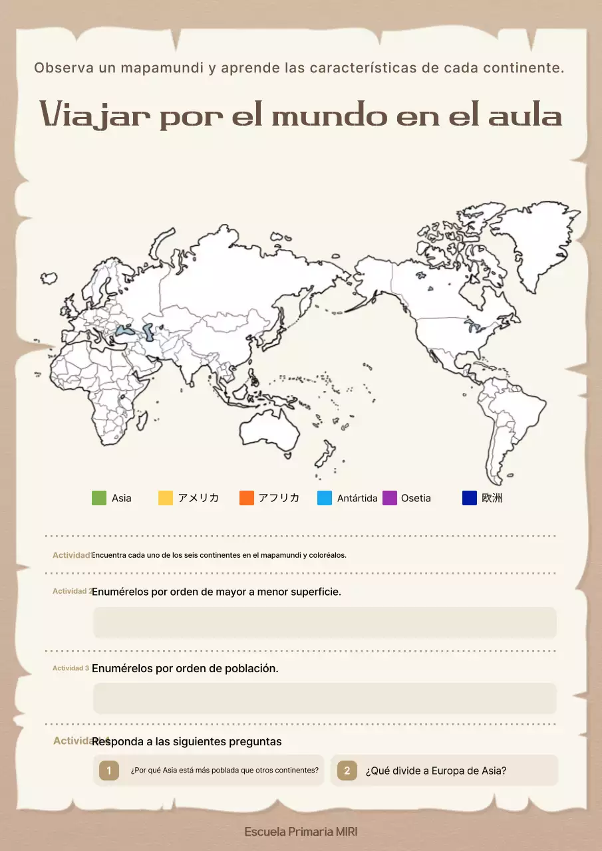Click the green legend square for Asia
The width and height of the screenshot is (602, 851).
point(99,498)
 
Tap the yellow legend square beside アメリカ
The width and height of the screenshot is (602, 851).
point(166,498)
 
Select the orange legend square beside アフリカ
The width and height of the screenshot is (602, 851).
point(247,498)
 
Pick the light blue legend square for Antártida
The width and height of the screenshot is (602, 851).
point(325,498)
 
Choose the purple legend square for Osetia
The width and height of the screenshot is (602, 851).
point(390,498)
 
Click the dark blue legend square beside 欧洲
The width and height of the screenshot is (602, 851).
point(470,498)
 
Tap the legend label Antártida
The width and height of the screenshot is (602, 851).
point(357,498)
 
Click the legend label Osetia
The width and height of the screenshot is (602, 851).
point(416,498)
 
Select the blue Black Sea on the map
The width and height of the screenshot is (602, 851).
point(124,330)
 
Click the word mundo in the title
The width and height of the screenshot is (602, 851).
point(329,116)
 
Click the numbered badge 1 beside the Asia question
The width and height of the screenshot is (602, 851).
point(109,771)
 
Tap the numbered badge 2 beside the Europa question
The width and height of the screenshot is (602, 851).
point(347,771)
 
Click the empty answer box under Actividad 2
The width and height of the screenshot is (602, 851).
point(325,622)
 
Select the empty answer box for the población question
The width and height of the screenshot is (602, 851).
point(325,698)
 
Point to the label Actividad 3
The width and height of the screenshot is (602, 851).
point(71,668)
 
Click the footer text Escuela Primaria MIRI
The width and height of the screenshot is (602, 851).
point(301,832)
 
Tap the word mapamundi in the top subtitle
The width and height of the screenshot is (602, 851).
point(160,68)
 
